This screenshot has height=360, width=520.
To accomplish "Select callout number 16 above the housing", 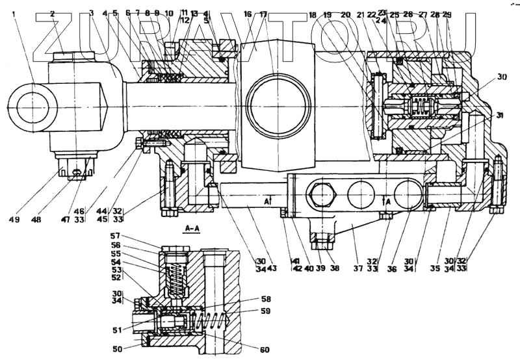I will coord(248,13).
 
